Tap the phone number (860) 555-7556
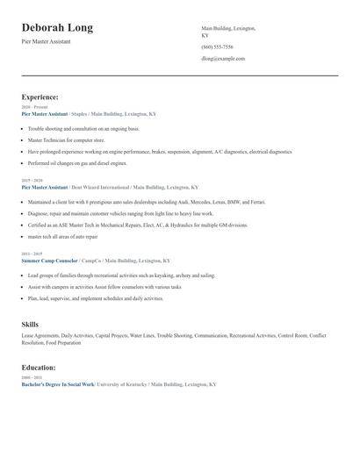click(x=217, y=47)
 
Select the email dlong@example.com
click(x=223, y=59)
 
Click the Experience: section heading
click(x=40, y=97)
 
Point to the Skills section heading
click(x=30, y=325)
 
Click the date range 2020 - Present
click(x=34, y=107)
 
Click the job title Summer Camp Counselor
click(x=49, y=261)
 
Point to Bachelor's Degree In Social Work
click(x=58, y=384)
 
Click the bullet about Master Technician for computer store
click(x=67, y=139)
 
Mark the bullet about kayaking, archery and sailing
click(x=121, y=275)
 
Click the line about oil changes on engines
click(x=76, y=162)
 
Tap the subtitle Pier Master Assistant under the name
click(x=46, y=41)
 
